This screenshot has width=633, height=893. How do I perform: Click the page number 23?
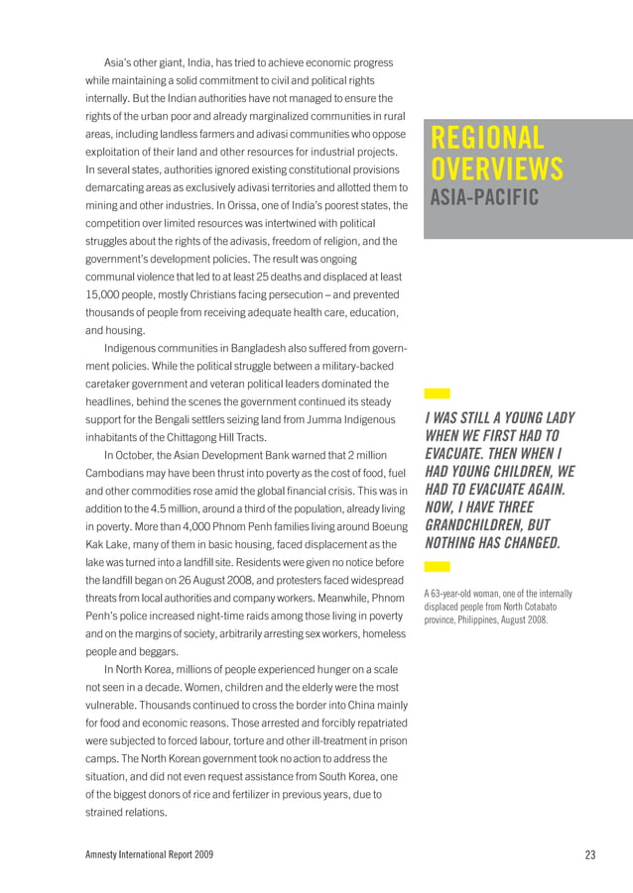[591, 854]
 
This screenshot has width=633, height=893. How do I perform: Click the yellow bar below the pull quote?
[437, 567]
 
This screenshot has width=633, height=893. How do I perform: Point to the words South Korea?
[348, 777]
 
